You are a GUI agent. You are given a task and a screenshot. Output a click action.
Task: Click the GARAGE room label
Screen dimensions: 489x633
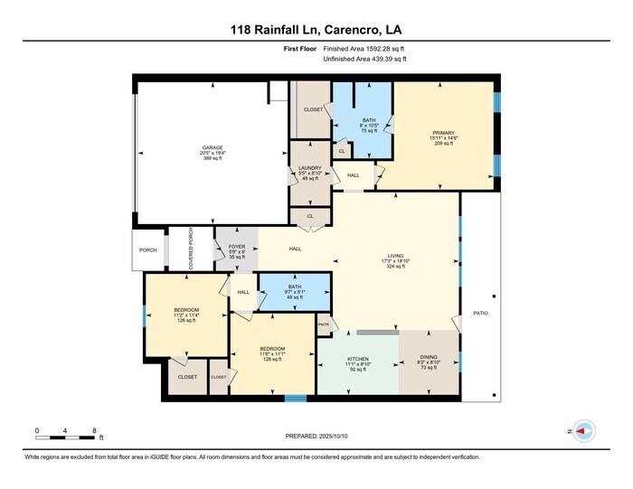[213, 147]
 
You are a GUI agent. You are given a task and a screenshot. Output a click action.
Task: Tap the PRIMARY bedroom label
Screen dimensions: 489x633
[442, 132]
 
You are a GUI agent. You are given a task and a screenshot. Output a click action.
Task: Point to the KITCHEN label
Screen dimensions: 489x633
[358, 359]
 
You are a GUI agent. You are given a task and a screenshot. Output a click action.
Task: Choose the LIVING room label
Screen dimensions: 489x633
[396, 256]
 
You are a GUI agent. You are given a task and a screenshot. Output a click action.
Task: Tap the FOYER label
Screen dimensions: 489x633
[236, 246]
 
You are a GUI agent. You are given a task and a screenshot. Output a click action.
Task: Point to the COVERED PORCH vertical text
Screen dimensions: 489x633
[190, 248]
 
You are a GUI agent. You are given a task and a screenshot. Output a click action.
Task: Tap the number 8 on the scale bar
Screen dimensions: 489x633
[94, 429]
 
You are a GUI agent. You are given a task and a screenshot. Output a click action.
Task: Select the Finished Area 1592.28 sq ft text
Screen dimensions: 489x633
[364, 48]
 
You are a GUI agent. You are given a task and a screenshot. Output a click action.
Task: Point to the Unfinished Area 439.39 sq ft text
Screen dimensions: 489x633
[364, 59]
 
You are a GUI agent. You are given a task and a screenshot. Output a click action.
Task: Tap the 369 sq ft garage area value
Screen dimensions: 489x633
[213, 159]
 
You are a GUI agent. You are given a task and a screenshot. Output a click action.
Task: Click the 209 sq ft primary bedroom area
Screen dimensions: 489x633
[442, 144]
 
